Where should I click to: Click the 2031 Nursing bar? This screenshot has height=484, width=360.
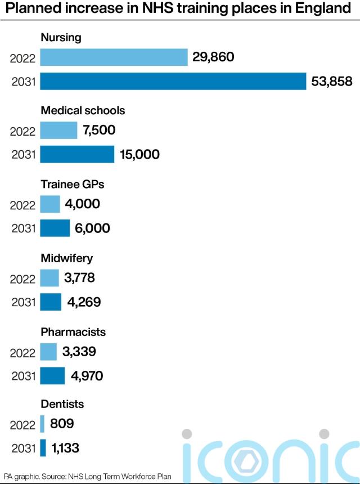[173, 82]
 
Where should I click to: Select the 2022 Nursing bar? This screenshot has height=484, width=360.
[114, 57]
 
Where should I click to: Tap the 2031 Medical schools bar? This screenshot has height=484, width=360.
[77, 154]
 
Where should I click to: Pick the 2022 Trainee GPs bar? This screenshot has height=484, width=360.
[50, 204]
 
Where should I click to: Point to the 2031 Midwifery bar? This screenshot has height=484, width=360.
[51, 302]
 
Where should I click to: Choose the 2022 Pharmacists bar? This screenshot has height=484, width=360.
[48, 352]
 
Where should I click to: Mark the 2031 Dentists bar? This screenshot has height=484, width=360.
[43, 448]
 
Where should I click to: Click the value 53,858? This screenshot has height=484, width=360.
[332, 82]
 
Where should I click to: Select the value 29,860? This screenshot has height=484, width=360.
[213, 57]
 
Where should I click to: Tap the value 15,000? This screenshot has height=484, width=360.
[139, 154]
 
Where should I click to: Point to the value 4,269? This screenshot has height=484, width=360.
[84, 302]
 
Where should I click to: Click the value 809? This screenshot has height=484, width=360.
[62, 423]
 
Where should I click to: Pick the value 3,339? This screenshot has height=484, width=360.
[79, 352]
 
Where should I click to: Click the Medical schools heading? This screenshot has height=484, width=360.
[83, 110]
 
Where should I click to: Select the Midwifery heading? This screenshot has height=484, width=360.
[67, 258]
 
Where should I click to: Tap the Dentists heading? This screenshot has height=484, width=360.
[62, 404]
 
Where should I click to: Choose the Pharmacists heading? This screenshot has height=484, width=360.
[73, 332]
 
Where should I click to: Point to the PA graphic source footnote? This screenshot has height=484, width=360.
[87, 477]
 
